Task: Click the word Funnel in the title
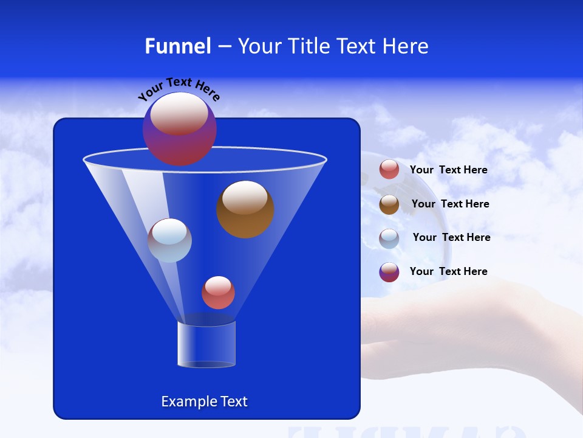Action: [x=178, y=46]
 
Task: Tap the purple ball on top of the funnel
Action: [x=179, y=129]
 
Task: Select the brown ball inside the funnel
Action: [x=245, y=210]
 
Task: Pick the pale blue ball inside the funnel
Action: [x=169, y=241]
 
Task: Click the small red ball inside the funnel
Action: [x=218, y=293]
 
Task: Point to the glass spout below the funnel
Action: [x=206, y=344]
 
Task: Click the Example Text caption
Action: [x=204, y=401]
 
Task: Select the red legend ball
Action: [x=389, y=170]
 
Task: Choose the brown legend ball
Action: [x=389, y=204]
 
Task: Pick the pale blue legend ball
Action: [x=389, y=238]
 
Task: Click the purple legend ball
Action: [x=389, y=272]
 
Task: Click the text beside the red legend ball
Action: [x=448, y=170]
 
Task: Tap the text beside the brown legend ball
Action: [x=450, y=204]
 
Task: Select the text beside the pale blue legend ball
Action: [x=451, y=238]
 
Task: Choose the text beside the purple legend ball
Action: [x=448, y=272]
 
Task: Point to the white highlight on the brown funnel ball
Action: [x=245, y=198]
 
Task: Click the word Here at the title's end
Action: [x=406, y=46]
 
